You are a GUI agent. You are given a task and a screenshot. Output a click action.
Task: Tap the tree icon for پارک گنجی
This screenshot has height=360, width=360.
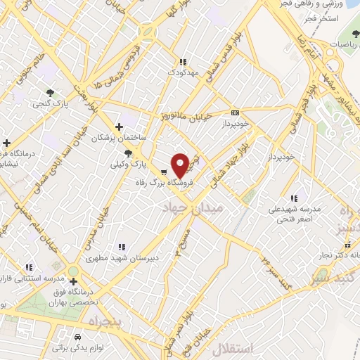pos(50,92)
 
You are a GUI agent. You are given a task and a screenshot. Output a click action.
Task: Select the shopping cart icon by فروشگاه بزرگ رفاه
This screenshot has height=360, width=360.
pos(163,172)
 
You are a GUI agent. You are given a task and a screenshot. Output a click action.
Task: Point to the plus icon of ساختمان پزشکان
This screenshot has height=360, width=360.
pos(119,127)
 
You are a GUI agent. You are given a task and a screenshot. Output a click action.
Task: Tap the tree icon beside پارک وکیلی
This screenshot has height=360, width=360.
pos(127,153)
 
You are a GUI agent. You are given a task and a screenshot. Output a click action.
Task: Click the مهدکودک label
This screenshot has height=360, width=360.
pos(184,72)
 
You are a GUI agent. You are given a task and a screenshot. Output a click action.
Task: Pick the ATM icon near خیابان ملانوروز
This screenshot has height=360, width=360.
pos(235,112)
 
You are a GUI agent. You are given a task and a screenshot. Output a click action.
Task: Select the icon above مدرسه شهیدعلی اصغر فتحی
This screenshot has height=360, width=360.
pos(293,198)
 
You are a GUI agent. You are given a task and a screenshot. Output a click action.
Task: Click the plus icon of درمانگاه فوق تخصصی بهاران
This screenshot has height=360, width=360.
pos(73,281)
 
